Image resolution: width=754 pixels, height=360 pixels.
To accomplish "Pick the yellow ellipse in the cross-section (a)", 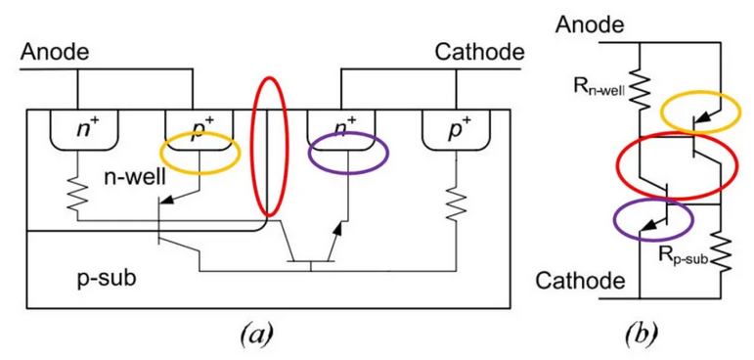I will (x=200, y=156).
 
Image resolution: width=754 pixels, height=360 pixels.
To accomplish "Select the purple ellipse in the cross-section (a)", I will (x=347, y=153).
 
